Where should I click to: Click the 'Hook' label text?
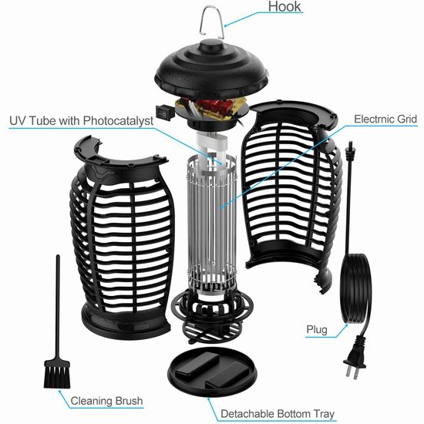coord(284,6)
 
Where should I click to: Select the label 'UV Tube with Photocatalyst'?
coord(82,120)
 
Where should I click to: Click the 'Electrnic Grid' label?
coord(385,119)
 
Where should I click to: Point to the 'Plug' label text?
coord(317,330)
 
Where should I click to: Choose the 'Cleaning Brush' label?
coord(106,401)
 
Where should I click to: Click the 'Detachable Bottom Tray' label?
coord(278,414)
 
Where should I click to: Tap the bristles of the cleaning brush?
coord(57,375)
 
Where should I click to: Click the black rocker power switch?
coord(164,114)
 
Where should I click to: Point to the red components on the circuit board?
coord(217,106)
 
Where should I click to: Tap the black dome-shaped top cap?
coord(211,69)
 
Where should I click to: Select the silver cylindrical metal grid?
coord(211,222)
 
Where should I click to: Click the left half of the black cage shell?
coord(122,238)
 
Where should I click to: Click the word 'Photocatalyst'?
coord(118,120)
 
